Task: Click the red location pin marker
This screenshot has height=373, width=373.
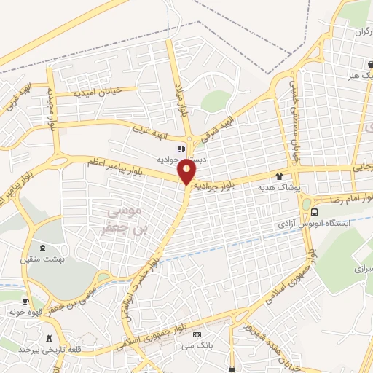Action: click(x=187, y=172)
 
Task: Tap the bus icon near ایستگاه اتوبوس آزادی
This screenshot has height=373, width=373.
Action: click(x=314, y=212)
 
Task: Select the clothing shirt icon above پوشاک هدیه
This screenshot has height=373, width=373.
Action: click(x=278, y=176)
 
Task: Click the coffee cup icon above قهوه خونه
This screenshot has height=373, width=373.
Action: click(x=27, y=302)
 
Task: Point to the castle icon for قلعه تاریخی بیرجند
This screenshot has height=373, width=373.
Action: click(x=50, y=338)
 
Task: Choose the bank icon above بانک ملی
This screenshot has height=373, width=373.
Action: click(x=197, y=334)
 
